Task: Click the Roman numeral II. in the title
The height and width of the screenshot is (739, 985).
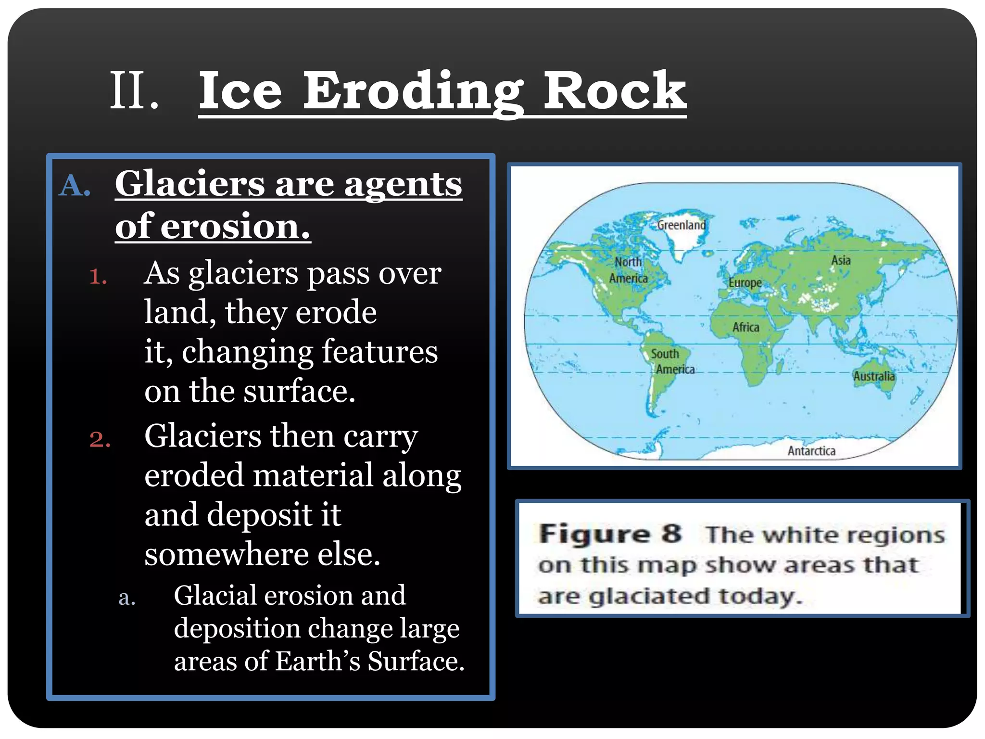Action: [x=134, y=90]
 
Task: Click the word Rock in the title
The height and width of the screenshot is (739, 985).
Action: [x=614, y=90]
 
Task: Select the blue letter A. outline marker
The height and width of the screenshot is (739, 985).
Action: [x=75, y=186]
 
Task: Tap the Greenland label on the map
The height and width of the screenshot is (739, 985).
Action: [x=681, y=225]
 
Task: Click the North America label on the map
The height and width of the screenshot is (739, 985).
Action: [x=628, y=270]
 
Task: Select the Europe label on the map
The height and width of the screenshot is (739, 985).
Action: [x=745, y=282]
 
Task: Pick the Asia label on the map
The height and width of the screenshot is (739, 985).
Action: [x=841, y=260]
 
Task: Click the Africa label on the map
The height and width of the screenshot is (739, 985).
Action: [x=745, y=327]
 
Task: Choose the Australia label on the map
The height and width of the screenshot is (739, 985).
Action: [x=873, y=376]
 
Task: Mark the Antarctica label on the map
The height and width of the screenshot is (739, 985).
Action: [x=811, y=451]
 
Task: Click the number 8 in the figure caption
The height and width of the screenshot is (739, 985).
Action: [x=671, y=534]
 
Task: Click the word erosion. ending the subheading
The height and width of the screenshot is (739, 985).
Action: [x=235, y=227]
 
